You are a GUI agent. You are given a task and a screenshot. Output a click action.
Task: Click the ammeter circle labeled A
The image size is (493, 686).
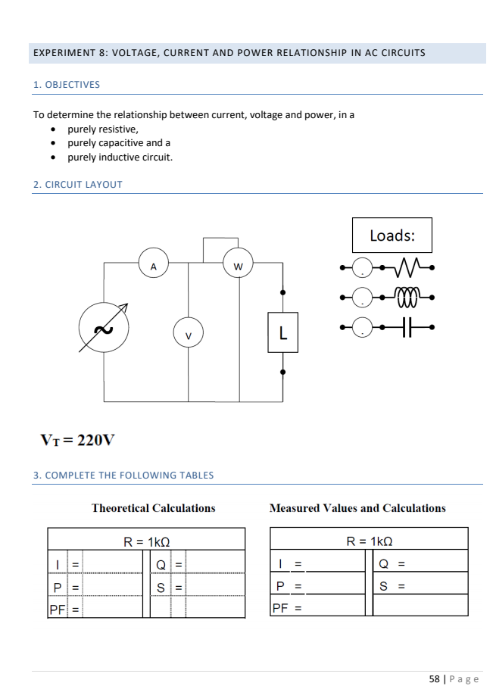tap(154, 265)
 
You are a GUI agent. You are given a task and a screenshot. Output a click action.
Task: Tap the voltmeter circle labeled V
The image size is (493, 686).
tap(189, 334)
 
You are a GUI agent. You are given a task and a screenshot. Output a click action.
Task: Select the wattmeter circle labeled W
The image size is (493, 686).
tap(239, 266)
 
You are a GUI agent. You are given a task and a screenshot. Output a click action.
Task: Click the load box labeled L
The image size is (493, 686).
tap(282, 332)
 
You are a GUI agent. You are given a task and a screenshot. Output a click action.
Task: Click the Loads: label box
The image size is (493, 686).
tap(392, 235)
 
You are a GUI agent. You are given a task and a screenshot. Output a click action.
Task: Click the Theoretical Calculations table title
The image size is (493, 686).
tap(153, 508)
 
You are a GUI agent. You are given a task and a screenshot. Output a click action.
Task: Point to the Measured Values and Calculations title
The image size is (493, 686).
tap(357, 508)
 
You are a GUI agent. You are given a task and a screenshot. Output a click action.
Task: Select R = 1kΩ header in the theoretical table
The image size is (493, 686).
tap(146, 541)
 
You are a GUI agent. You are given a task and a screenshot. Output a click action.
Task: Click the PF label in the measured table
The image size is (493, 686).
tap(279, 607)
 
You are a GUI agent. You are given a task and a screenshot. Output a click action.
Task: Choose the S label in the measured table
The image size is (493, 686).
tap(383, 585)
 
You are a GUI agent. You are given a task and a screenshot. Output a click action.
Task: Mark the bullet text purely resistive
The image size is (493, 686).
tap(103, 129)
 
